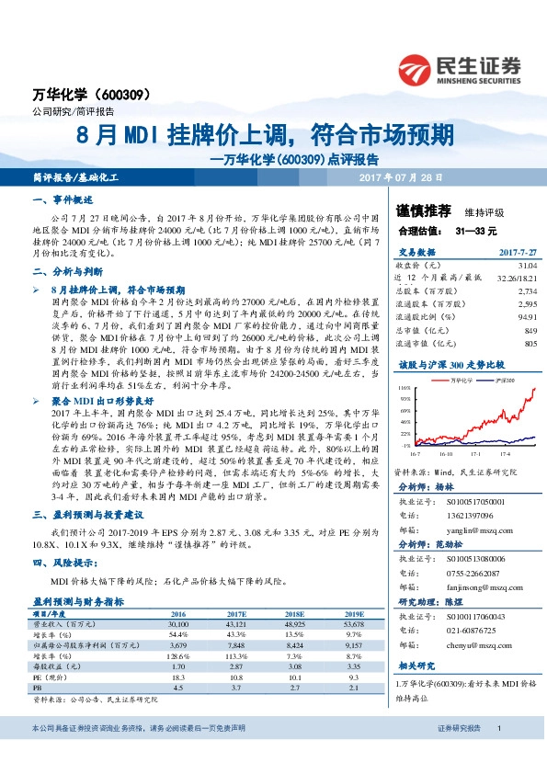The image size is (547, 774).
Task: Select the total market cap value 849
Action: click(x=530, y=330)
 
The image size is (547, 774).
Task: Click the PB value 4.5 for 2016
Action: click(x=178, y=686)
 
